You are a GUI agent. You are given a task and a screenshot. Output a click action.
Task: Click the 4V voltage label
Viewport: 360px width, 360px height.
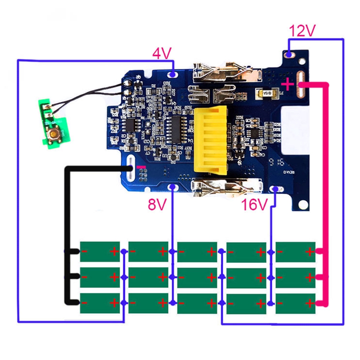(x=161, y=54)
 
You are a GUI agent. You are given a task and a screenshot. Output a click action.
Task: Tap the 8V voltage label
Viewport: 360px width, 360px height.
(x=157, y=204)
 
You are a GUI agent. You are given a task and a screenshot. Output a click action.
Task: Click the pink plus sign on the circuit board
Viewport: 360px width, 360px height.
(x=288, y=85)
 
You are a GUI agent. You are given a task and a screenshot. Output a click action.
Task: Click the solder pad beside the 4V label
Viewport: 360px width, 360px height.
(x=172, y=75)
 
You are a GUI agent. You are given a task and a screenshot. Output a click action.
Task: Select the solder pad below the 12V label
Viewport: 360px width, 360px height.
(x=289, y=54)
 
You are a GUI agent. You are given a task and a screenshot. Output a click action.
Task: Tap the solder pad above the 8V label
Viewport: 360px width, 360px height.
(x=172, y=187)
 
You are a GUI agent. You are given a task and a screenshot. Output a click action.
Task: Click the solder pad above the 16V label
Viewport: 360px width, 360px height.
(x=275, y=189)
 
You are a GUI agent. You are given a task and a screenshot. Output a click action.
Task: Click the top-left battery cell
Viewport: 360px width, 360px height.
(x=100, y=251)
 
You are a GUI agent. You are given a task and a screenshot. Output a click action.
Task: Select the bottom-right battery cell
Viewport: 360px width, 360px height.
(x=295, y=303)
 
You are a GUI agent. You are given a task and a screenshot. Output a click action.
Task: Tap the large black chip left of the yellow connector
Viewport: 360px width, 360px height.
(x=174, y=130)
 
